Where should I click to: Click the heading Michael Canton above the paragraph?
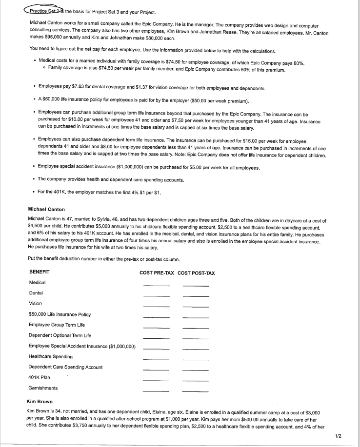coord(46,210)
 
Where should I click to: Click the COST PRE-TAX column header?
coord(157,273)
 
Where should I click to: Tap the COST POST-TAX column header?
coord(196,273)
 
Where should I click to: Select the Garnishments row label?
coord(43,388)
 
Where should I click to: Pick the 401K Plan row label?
coord(40,377)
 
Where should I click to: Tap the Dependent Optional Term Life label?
coord(60,335)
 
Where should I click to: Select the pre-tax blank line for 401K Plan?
coord(157,380)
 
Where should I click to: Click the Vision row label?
coord(36,304)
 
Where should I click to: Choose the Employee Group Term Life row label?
coord(57,325)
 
